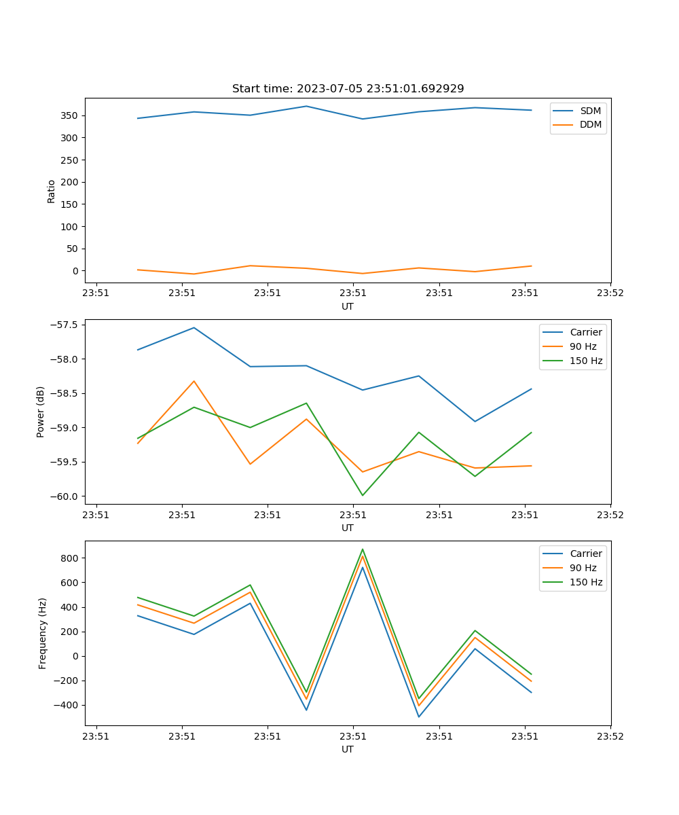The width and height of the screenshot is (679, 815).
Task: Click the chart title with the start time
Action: (348, 89)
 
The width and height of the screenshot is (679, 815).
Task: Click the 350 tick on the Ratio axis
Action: (71, 115)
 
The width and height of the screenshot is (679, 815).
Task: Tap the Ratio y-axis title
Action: (52, 191)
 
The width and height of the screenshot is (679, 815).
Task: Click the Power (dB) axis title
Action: (41, 412)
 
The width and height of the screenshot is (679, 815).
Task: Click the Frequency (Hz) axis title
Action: (43, 633)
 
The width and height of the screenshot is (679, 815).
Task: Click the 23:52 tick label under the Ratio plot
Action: (610, 293)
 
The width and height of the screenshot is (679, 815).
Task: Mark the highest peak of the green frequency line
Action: (363, 549)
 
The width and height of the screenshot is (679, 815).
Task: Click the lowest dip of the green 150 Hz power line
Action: (363, 495)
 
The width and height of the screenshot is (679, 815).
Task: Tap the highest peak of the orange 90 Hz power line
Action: (194, 381)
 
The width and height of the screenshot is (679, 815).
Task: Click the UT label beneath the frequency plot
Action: (348, 749)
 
